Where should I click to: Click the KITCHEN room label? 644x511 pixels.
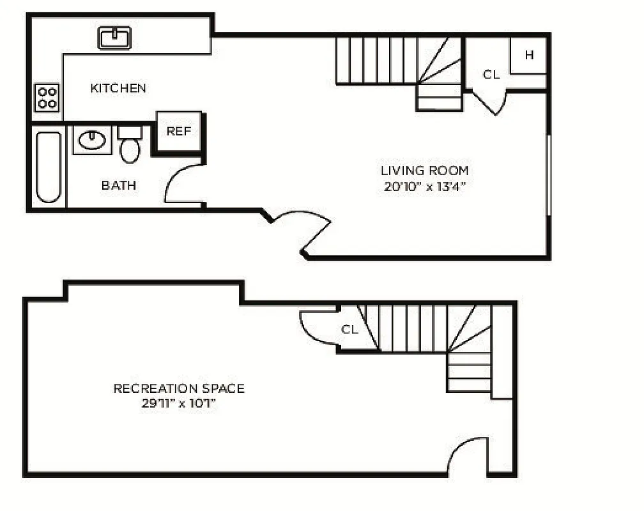click(118, 88)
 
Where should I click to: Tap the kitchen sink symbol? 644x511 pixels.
click(114, 38)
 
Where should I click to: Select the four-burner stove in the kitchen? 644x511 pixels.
click(47, 98)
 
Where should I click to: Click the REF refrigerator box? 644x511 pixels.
click(179, 132)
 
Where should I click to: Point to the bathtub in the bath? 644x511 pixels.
click(49, 167)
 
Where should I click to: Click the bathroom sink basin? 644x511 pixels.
click(92, 140)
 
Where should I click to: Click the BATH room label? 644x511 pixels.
click(118, 186)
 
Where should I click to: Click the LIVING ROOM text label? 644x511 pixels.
click(424, 171)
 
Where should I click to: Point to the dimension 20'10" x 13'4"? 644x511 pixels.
click(424, 187)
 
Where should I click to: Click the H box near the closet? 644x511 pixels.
click(529, 56)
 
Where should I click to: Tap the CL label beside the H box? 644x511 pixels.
click(491, 75)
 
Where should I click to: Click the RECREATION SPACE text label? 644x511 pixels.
click(179, 388)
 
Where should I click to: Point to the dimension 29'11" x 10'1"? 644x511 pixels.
click(179, 404)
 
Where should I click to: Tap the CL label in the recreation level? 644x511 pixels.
click(349, 330)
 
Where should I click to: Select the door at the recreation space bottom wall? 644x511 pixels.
click(468, 457)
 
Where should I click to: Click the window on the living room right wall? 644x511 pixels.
click(548, 174)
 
